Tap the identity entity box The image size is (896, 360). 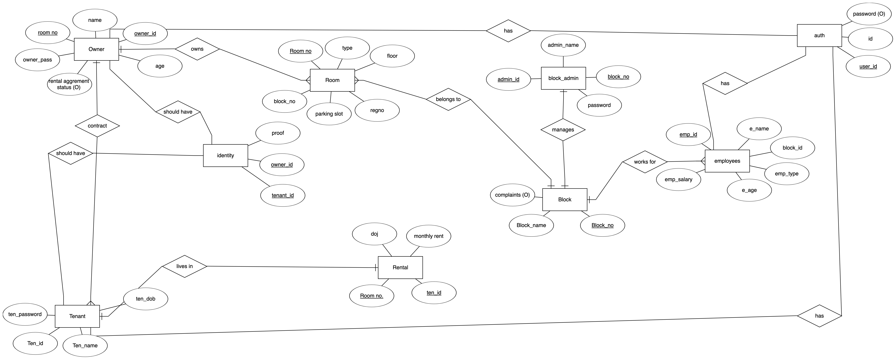pyautogui.click(x=225, y=155)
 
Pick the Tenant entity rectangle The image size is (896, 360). pyautogui.click(x=77, y=316)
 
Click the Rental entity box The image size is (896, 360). pyautogui.click(x=400, y=267)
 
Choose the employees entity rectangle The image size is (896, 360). pyautogui.click(x=727, y=161)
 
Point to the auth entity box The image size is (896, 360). pyautogui.click(x=819, y=36)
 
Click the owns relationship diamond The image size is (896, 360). pyautogui.click(x=197, y=49)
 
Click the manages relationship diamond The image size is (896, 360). pyautogui.click(x=563, y=130)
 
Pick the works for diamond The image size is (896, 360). pyautogui.click(x=645, y=162)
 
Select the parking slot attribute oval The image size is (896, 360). pyautogui.click(x=329, y=114)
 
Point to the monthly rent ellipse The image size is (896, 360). pyautogui.click(x=429, y=236)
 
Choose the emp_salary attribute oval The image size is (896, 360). pyautogui.click(x=678, y=179)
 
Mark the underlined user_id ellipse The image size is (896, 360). pyautogui.click(x=868, y=66)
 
